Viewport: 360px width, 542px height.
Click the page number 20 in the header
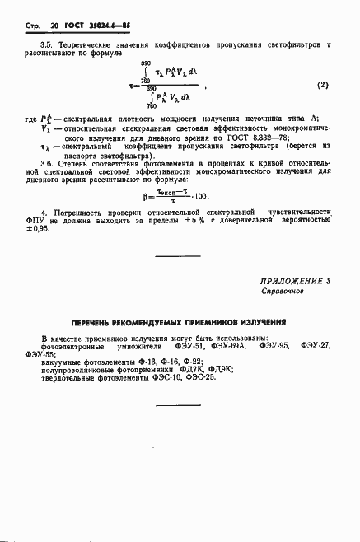tap(56, 26)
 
